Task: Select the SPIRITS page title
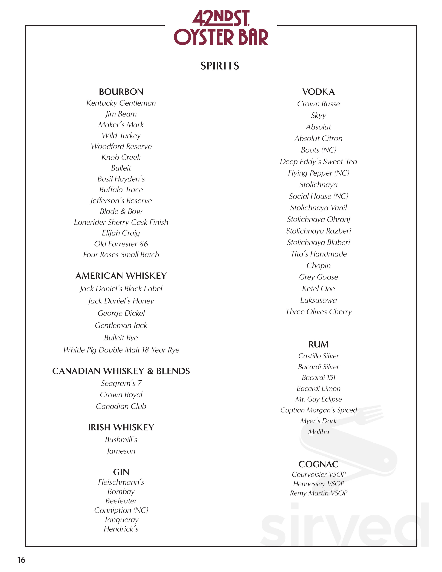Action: [x=220, y=66]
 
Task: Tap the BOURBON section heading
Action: [x=121, y=92]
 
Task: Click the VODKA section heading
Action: [x=318, y=92]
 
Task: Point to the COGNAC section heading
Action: [x=318, y=464]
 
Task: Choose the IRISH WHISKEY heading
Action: [x=121, y=427]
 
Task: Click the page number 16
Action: [x=21, y=560]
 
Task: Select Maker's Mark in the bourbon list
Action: [x=121, y=125]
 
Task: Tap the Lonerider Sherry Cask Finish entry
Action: [x=121, y=222]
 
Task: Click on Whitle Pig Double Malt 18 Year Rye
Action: [x=121, y=350]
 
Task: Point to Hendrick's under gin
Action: [x=121, y=529]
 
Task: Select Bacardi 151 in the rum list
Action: [x=318, y=377]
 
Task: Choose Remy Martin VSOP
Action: [x=318, y=493]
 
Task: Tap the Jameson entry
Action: [x=121, y=451]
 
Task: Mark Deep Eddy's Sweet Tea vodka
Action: [x=318, y=162]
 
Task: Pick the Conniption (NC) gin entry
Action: [x=121, y=510]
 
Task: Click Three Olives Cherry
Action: [x=318, y=312]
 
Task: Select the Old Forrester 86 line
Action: [x=121, y=244]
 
